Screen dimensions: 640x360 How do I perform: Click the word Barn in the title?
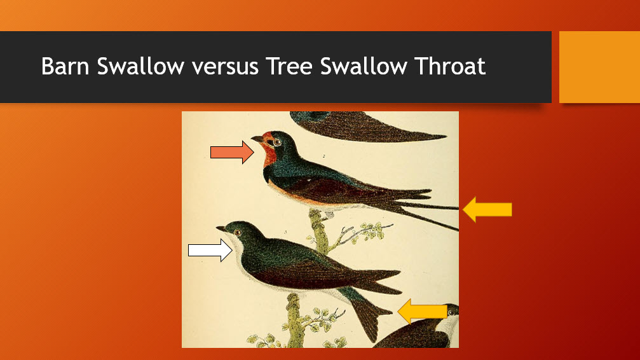click(x=65, y=66)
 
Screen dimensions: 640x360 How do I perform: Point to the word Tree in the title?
click(x=289, y=66)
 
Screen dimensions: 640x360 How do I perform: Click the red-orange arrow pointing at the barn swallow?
click(x=232, y=153)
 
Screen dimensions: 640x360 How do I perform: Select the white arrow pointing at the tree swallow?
click(x=210, y=250)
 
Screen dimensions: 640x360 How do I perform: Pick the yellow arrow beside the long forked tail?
click(x=487, y=209)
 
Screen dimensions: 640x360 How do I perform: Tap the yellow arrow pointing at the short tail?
click(x=423, y=312)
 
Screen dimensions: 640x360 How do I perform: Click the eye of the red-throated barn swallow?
click(x=277, y=142)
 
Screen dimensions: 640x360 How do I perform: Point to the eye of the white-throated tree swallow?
click(x=237, y=233)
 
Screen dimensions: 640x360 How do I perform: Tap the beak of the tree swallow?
click(x=221, y=228)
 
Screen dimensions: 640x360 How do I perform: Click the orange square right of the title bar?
click(x=599, y=67)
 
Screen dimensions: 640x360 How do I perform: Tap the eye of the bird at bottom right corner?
click(x=451, y=312)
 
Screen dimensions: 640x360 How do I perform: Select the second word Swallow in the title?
click(x=364, y=66)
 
